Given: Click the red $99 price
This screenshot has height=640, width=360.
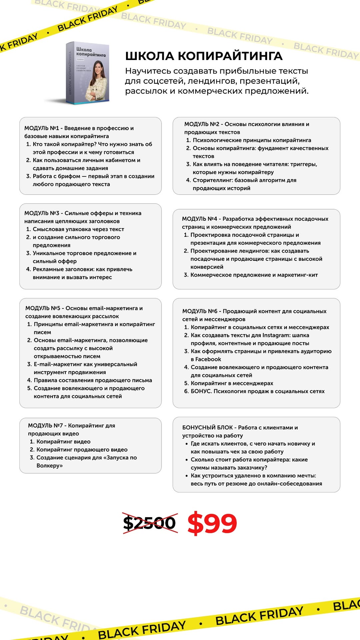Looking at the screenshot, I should (x=212, y=523).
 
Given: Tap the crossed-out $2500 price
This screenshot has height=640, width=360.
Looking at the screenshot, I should (x=149, y=523).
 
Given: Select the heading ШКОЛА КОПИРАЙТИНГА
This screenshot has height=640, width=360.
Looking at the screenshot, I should (x=204, y=56).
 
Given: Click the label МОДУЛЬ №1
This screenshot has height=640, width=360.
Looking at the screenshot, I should (x=42, y=128).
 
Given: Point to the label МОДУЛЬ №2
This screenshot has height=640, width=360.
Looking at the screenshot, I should (x=202, y=124).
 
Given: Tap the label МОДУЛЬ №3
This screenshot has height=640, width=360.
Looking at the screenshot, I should (x=42, y=213).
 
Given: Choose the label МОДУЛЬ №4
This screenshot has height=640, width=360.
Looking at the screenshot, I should (x=199, y=219).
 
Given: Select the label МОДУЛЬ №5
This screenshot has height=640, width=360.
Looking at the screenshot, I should (x=43, y=308).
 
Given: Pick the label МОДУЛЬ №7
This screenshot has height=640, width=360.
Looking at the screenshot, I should (x=45, y=426).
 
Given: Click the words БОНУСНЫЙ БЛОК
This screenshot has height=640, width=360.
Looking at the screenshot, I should (x=207, y=428).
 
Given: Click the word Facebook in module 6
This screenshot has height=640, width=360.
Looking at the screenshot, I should (x=208, y=359).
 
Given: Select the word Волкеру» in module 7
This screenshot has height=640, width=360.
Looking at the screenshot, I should (x=50, y=466).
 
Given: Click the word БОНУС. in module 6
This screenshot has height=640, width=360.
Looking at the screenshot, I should (x=201, y=391).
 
